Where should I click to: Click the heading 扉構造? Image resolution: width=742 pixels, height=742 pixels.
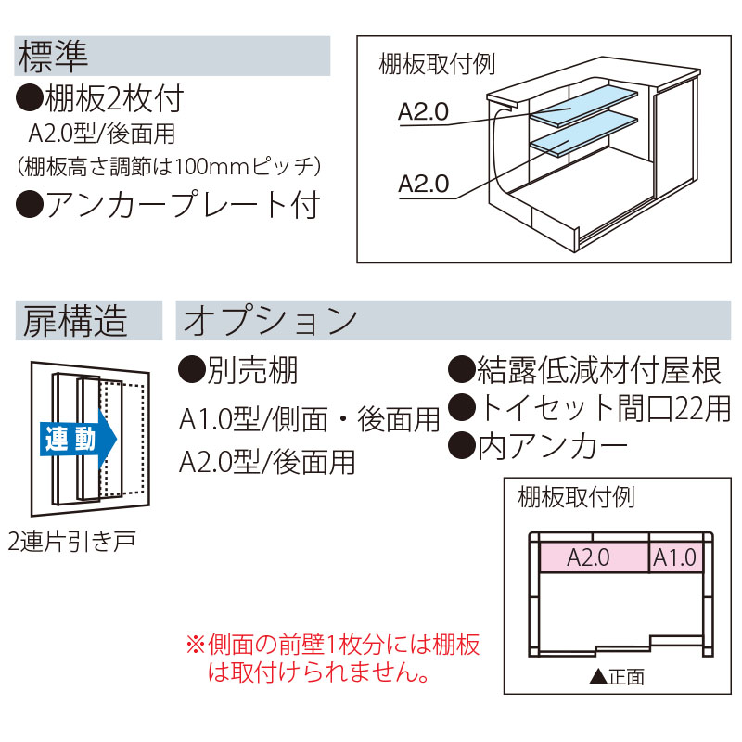pyautogui.click(x=72, y=321)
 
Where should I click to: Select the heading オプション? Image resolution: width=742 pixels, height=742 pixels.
pyautogui.click(x=271, y=321)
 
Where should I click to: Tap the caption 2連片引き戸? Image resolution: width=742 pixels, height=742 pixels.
pyautogui.click(x=70, y=541)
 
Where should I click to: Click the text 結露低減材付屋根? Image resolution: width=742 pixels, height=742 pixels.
pyautogui.click(x=585, y=371)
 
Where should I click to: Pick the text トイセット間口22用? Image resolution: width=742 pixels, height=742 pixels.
pyautogui.click(x=591, y=407)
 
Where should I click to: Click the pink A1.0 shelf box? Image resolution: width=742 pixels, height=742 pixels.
pyautogui.click(x=674, y=557)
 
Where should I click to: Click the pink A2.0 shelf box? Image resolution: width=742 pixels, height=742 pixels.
pyautogui.click(x=588, y=557)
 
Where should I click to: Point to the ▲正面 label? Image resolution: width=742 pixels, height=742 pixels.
pyautogui.click(x=616, y=676)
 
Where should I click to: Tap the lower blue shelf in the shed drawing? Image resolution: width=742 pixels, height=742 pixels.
pyautogui.click(x=582, y=135)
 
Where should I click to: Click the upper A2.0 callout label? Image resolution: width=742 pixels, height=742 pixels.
pyautogui.click(x=423, y=112)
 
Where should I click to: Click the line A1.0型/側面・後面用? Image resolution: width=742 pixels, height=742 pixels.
pyautogui.click(x=309, y=421)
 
